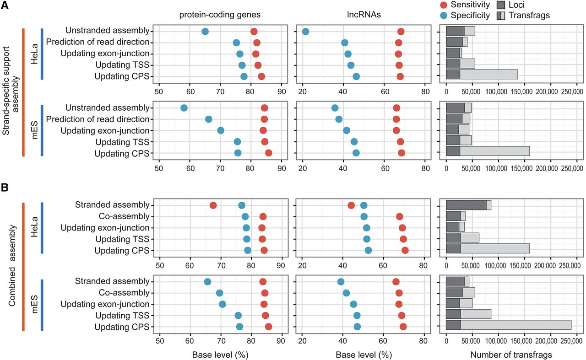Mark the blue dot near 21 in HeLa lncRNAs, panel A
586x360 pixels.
coord(305,32)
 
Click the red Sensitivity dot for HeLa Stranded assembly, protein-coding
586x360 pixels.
coord(213,205)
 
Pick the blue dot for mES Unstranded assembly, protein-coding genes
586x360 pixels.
coord(184,108)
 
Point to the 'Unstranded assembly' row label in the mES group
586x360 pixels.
coord(108,108)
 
